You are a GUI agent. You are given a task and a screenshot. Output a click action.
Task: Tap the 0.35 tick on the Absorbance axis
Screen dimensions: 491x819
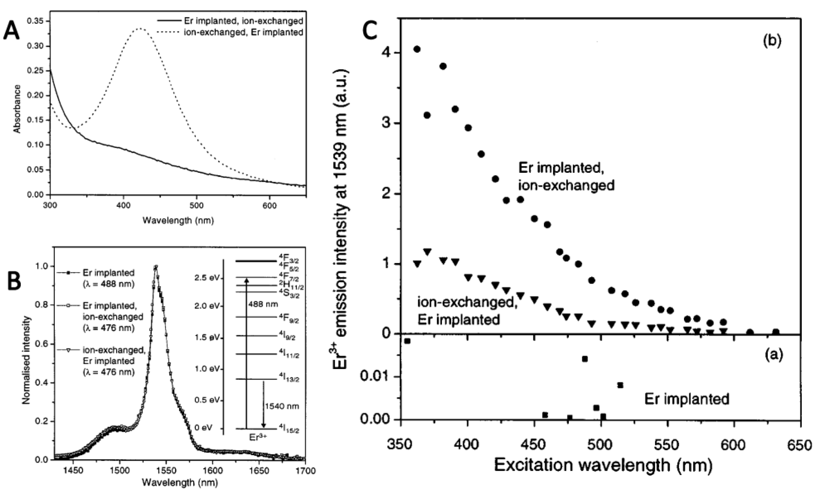coord(35,21)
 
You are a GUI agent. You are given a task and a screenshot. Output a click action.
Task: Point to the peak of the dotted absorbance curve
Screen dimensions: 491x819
coord(140,28)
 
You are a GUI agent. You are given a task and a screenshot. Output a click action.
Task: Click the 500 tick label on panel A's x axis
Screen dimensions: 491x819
coord(196,206)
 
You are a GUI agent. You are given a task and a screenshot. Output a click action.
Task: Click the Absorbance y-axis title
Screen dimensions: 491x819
coord(17,109)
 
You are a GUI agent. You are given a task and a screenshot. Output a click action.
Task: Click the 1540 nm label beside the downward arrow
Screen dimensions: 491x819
coord(282,406)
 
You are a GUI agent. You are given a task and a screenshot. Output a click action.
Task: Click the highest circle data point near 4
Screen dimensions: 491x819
coord(417,49)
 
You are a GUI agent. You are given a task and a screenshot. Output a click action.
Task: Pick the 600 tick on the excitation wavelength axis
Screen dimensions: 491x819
coord(734,445)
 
